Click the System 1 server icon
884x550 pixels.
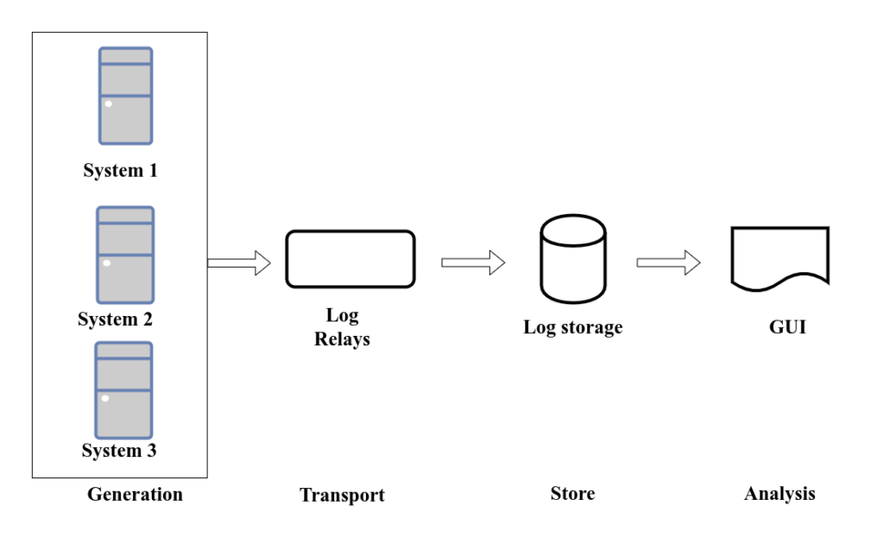click(x=125, y=96)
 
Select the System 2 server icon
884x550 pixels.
click(x=125, y=255)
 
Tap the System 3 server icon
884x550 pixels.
click(x=123, y=389)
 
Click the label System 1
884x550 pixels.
click(x=120, y=170)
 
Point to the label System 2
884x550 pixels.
click(x=115, y=319)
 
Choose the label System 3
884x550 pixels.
click(x=119, y=451)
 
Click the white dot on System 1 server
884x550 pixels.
click(x=109, y=104)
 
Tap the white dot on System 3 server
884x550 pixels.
click(x=105, y=398)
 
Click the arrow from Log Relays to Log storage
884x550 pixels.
click(x=473, y=262)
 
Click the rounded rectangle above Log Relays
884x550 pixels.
click(x=350, y=258)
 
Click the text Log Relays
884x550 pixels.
click(x=342, y=327)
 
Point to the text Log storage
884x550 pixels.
click(x=572, y=327)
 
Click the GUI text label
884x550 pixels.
click(x=786, y=327)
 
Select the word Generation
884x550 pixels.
click(x=135, y=495)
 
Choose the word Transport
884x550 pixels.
click(x=342, y=496)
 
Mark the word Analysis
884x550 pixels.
click(x=780, y=495)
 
